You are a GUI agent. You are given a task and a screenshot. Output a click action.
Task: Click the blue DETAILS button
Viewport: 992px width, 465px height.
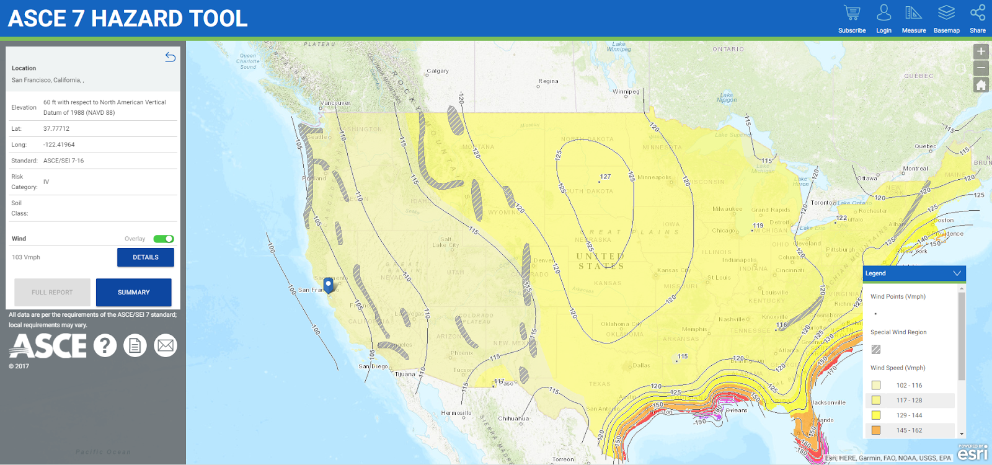point(146,257)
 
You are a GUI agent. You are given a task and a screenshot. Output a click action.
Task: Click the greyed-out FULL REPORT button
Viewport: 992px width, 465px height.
point(52,292)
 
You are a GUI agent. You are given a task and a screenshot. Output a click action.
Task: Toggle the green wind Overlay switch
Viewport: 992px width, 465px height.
point(164,239)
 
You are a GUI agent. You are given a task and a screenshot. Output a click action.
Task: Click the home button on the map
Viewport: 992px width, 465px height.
point(981,85)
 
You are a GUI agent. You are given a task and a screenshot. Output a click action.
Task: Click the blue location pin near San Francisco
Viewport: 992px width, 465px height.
point(329,285)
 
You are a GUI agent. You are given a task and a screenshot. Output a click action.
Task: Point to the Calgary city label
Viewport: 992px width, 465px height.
point(438,71)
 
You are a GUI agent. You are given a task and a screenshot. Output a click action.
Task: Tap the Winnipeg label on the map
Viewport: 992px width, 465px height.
point(626,92)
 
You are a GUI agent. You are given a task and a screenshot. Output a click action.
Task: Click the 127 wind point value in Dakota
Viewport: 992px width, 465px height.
point(605,177)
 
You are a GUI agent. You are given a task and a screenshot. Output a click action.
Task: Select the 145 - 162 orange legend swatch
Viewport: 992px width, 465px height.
point(876,430)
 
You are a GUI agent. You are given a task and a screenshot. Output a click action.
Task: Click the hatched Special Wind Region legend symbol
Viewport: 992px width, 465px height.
point(876,350)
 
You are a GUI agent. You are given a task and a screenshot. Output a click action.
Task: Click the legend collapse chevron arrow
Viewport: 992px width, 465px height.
point(957,273)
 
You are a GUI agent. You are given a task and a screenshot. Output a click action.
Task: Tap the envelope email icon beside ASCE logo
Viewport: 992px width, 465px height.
point(166,345)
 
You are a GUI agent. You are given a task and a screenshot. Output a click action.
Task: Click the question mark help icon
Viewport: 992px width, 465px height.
point(105,345)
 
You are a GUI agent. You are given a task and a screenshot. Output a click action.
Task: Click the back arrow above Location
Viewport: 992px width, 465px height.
point(170,57)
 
